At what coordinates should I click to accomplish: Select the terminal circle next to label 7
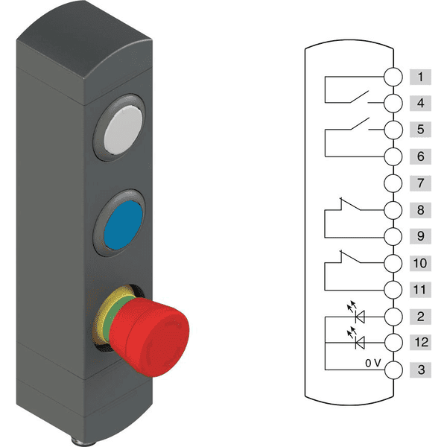coord(393,183)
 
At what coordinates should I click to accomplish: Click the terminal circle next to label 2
coord(393,316)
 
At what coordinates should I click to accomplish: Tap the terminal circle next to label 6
coord(393,156)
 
